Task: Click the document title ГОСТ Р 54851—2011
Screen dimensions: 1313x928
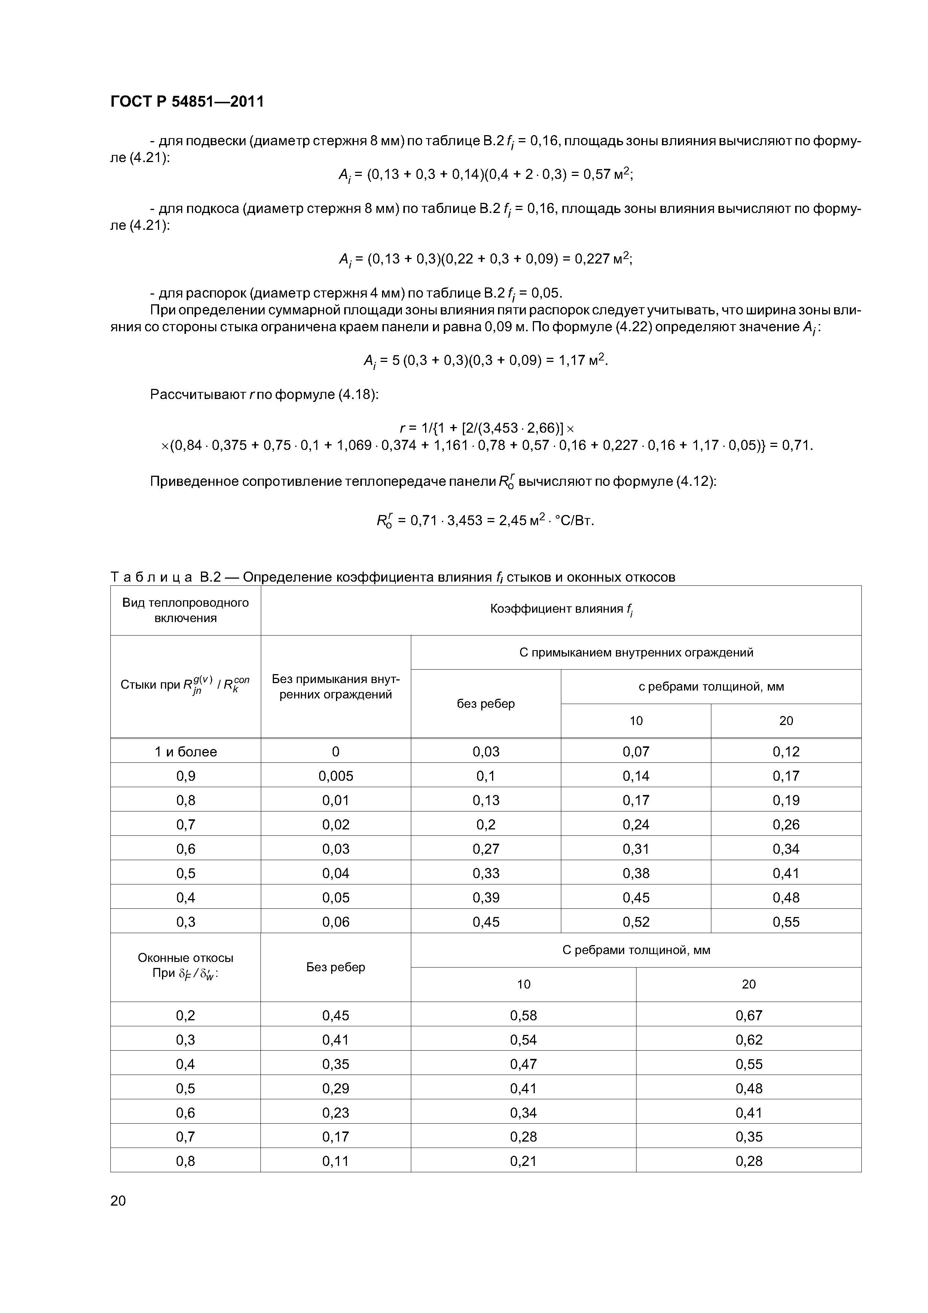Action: (x=187, y=102)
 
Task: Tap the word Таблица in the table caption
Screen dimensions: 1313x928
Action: (x=151, y=577)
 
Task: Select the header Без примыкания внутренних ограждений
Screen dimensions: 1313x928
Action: (x=336, y=687)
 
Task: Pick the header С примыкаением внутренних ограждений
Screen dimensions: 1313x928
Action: (x=636, y=652)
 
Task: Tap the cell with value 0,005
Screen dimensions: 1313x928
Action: (x=336, y=776)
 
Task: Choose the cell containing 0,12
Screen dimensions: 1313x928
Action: (x=786, y=752)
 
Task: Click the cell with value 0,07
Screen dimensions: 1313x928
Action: (x=636, y=752)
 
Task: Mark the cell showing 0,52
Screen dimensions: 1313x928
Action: (x=636, y=922)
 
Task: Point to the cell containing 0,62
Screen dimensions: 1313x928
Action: (x=748, y=1040)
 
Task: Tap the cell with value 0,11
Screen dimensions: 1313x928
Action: (x=336, y=1161)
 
